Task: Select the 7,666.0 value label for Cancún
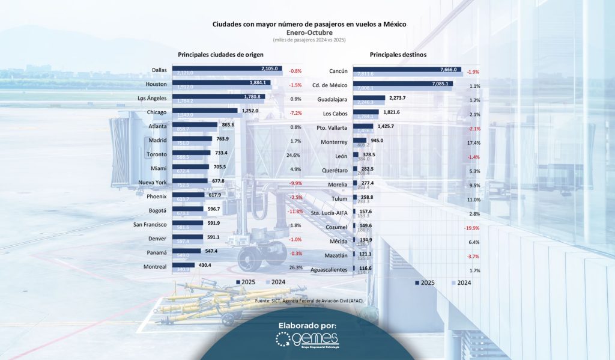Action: click(x=448, y=69)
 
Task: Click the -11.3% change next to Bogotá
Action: click(x=295, y=212)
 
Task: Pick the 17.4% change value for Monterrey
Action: click(x=473, y=142)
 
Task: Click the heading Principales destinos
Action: click(x=398, y=55)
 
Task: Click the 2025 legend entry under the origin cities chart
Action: click(x=247, y=282)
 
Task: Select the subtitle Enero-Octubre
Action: click(x=309, y=32)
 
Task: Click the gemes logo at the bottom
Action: click(x=307, y=340)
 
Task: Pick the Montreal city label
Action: click(x=155, y=266)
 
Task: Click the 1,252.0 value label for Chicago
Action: click(x=233, y=111)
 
